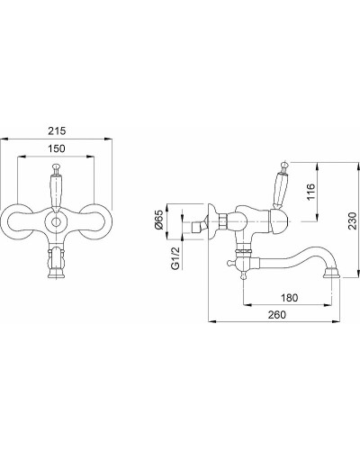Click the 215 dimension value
point(57,131)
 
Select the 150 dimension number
point(57,148)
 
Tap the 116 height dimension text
point(311,192)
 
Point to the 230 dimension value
point(352,220)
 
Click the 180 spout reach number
point(290,298)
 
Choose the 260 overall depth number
point(277,314)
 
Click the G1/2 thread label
point(175,257)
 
